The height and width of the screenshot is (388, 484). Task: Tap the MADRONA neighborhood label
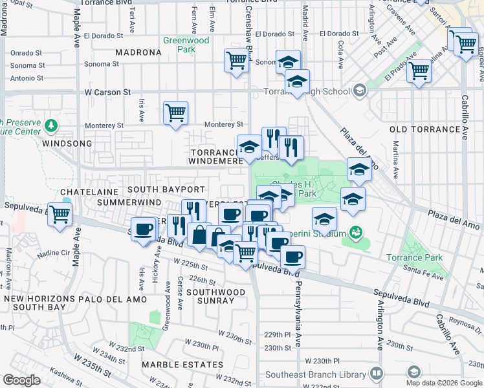tap(138, 52)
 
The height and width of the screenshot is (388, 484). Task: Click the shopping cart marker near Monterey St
tap(175, 113)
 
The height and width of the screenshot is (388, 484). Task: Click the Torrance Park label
tap(415, 257)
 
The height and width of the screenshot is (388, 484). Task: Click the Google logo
tap(22, 380)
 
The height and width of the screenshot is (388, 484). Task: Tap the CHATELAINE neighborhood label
tap(87, 192)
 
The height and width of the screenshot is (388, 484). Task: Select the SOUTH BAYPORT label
tap(166, 189)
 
